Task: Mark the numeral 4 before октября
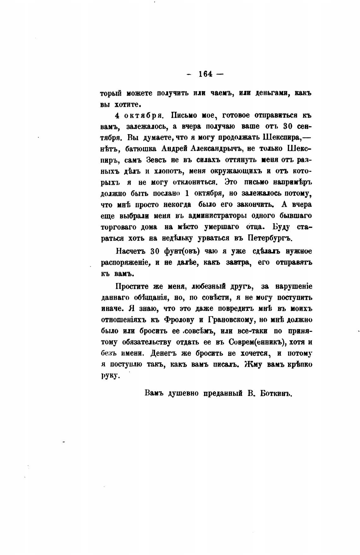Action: click(x=117, y=116)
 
